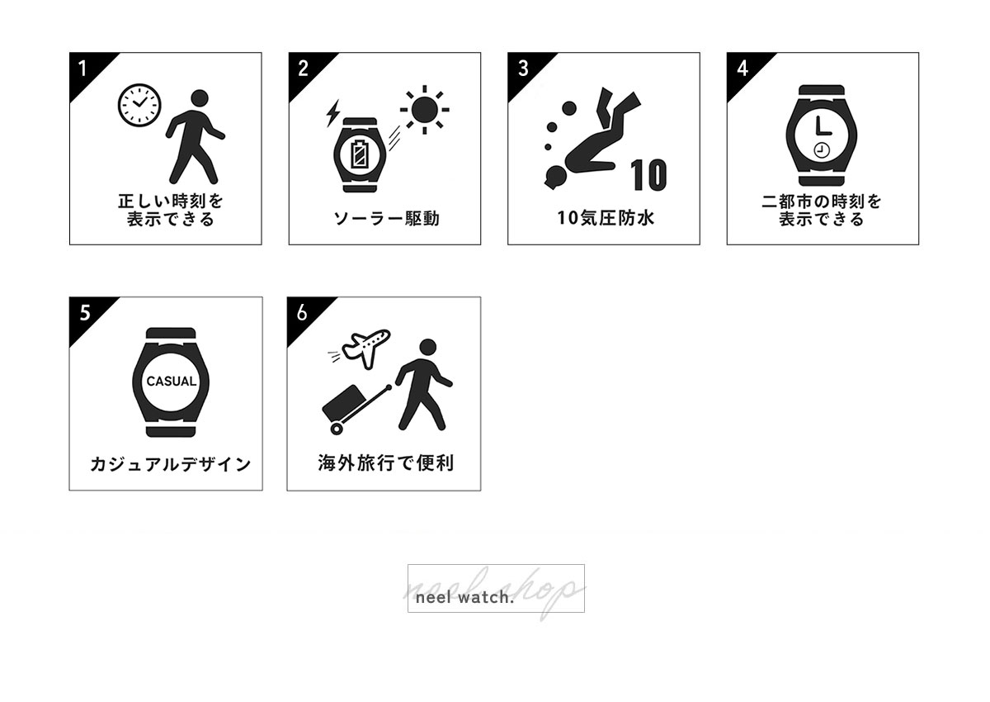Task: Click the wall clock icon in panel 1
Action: point(139,105)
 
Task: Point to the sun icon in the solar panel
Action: point(424,110)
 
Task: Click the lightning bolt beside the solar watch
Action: point(332,113)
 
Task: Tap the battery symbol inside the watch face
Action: point(360,154)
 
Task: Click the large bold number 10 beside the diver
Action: point(648,175)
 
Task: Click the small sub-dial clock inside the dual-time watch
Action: point(821,150)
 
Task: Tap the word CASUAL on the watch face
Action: point(171,382)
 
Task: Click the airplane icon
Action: point(366,349)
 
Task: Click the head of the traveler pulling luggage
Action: point(427,347)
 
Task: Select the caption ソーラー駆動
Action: point(386,219)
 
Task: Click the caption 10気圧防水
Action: point(606,218)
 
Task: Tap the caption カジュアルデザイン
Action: point(171,464)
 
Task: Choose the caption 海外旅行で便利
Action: point(385,463)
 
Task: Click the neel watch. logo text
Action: point(465,598)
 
